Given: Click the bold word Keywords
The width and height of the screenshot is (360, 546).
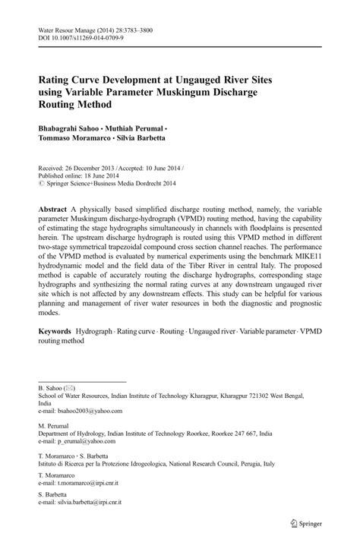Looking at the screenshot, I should pyautogui.click(x=57, y=333).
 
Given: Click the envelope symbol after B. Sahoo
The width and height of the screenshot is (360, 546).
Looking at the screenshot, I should pyautogui.click(x=70, y=387).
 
